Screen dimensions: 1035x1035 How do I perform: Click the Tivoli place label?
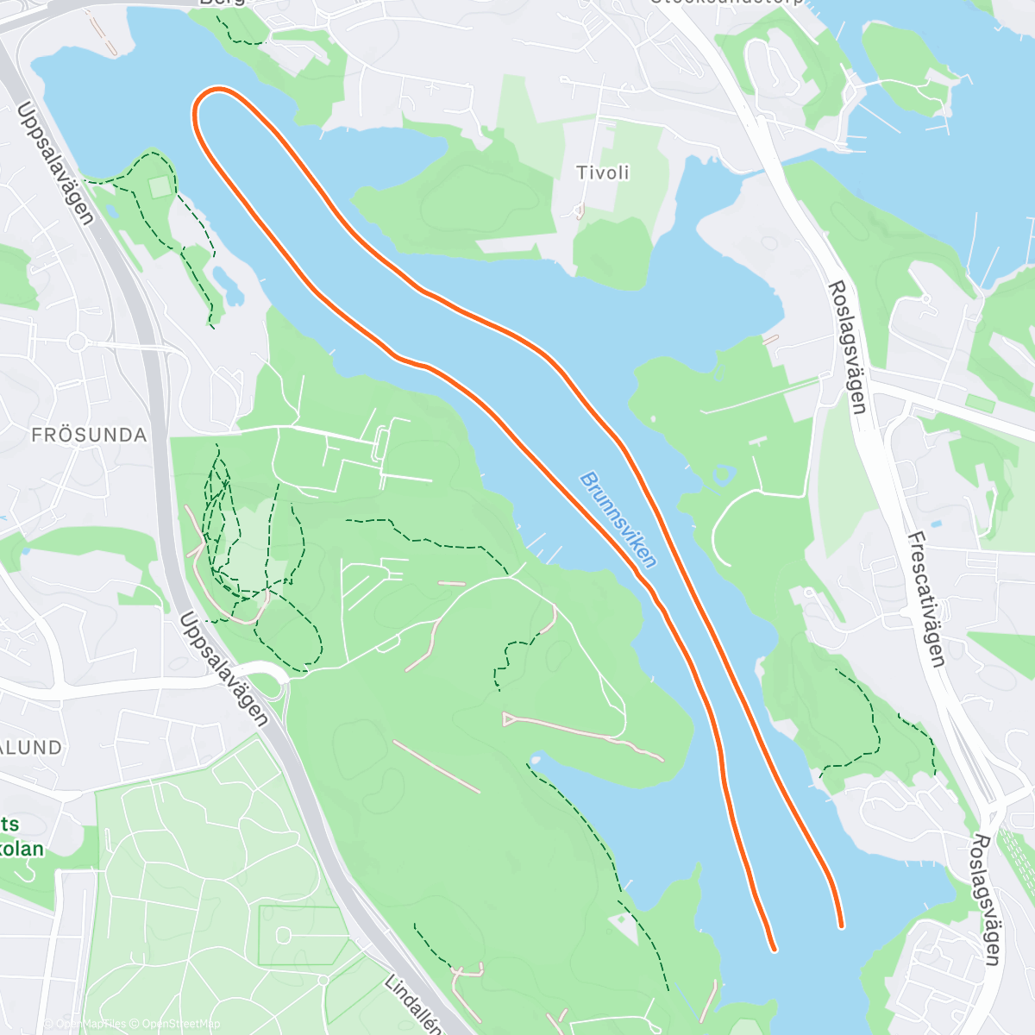603,172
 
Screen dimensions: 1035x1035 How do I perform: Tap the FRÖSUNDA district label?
89,435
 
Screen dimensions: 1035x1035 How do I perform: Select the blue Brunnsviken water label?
618,519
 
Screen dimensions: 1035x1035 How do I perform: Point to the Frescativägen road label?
926,599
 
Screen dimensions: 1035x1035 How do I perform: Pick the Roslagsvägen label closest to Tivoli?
847,347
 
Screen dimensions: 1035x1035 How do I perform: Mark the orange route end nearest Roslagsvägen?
841,925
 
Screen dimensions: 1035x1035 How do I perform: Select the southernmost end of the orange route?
774,949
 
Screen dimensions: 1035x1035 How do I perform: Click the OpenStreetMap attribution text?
181,1024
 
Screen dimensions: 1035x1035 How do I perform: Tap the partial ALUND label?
31,748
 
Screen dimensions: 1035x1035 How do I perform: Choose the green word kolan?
22,849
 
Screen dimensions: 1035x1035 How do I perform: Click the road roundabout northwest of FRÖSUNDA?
77,342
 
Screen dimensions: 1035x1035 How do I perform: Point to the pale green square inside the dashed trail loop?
160,186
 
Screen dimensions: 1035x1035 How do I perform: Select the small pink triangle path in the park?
511,718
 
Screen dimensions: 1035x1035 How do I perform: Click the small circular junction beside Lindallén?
323,981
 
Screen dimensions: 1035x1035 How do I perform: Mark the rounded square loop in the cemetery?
284,934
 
